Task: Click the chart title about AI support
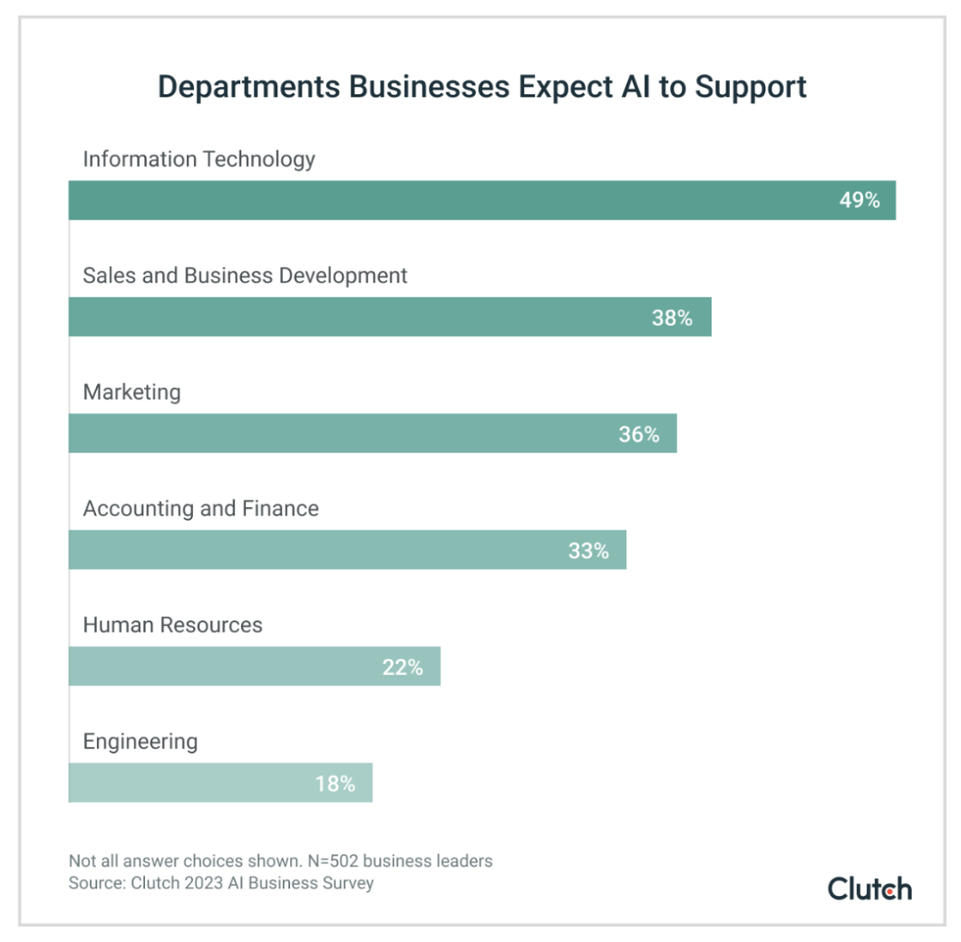coord(481,86)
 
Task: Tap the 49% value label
coord(859,199)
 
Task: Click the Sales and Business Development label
coord(245,275)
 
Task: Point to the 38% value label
coord(672,317)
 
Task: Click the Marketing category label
coord(132,392)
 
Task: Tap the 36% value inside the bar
coord(639,433)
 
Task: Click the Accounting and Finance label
coord(201,508)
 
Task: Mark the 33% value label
coord(589,550)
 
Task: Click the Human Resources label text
coord(173,624)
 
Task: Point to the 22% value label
coord(402,667)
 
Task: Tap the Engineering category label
coord(140,741)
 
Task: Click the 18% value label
coord(335,783)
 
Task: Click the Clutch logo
coord(870,888)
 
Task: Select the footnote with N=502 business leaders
coord(280,861)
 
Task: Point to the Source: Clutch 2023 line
coord(221,883)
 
